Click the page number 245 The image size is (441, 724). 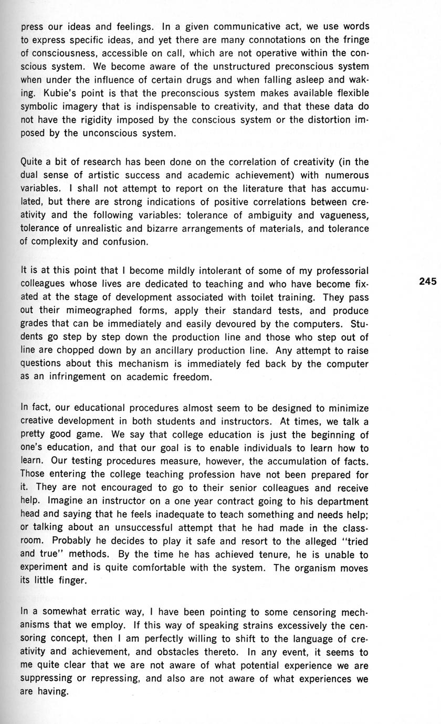(x=428, y=282)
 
